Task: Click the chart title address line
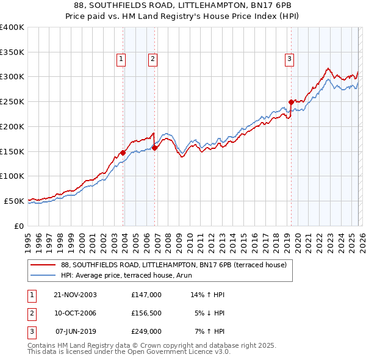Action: click(x=182, y=5)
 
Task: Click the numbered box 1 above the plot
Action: click(x=121, y=59)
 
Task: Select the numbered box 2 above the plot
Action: click(x=152, y=59)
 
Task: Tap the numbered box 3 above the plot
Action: click(x=289, y=59)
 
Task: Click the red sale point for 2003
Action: click(x=123, y=153)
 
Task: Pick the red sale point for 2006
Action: click(x=154, y=147)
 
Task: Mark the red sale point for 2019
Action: click(x=291, y=102)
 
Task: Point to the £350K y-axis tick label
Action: click(x=12, y=52)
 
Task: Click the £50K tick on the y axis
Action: click(x=15, y=201)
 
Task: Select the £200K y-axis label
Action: click(x=12, y=126)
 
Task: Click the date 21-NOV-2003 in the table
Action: click(x=75, y=295)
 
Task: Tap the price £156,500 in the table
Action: click(x=146, y=313)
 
